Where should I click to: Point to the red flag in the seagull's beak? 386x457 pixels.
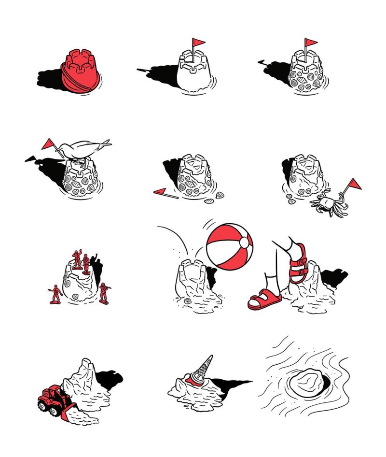(x=48, y=144)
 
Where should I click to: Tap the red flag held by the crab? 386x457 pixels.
(x=355, y=184)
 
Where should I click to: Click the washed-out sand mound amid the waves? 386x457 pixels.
(x=306, y=384)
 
